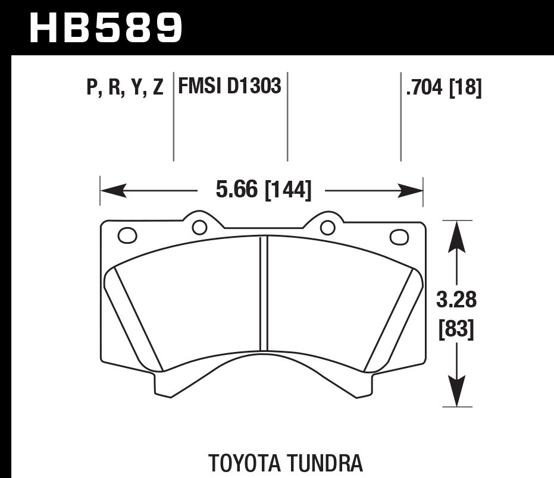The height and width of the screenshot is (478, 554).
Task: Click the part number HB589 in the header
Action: point(106,27)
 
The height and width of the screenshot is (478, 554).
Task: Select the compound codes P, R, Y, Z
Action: point(124,88)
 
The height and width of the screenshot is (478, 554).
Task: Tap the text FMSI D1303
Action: point(230,87)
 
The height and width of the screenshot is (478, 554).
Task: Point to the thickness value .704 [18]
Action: point(443,88)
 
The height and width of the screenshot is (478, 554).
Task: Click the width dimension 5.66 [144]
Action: point(262,190)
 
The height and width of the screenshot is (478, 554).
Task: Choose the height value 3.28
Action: point(456,300)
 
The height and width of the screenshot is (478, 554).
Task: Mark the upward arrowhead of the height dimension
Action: point(456,232)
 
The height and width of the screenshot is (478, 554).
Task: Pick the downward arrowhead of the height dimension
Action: point(456,395)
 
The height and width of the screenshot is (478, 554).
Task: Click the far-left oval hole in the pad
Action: point(127,236)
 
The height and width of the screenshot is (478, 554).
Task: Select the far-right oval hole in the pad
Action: point(399,237)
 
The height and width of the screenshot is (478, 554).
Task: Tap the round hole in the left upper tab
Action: point(199,227)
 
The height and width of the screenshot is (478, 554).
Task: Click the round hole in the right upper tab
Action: point(327,227)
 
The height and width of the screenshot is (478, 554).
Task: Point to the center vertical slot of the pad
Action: point(264,291)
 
